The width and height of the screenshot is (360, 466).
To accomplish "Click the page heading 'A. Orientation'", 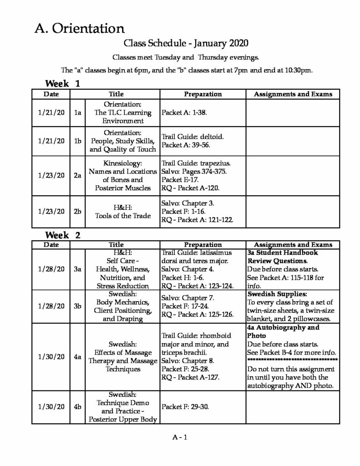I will click(79, 29).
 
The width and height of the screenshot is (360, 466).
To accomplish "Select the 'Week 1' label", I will click(63, 84).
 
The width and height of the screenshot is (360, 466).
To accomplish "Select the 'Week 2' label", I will click(63, 235).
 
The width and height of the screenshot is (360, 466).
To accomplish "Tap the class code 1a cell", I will click(78, 112).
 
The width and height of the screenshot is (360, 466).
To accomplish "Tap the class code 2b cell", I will click(78, 211).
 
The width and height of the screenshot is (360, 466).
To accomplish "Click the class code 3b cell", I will click(78, 306).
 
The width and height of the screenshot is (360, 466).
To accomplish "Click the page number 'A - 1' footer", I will click(180, 437).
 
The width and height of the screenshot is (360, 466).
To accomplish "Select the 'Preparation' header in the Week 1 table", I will click(203, 94).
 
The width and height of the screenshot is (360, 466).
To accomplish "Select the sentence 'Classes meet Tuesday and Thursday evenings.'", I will click(185, 58).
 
